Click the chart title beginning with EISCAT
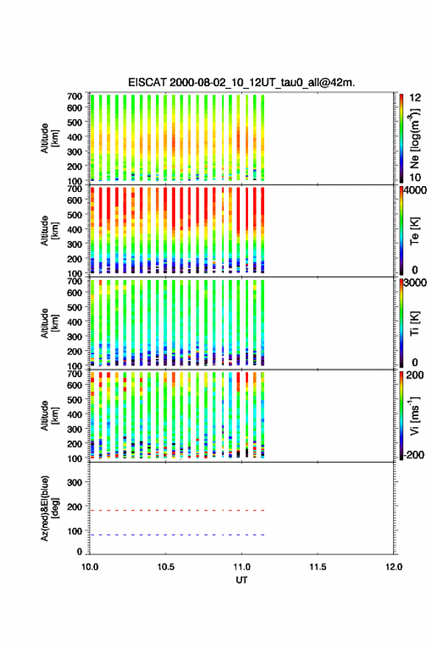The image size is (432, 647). click(241, 82)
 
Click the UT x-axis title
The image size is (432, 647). click(241, 580)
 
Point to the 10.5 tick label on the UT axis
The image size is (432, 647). click(166, 567)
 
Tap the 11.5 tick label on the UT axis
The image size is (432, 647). click(318, 567)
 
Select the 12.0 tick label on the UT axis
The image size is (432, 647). click(394, 567)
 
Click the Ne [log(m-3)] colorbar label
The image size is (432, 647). click(415, 138)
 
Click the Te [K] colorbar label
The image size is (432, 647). click(414, 231)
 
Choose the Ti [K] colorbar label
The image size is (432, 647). click(414, 323)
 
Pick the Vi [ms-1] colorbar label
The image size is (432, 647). click(414, 415)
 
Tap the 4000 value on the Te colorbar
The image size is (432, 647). click(415, 190)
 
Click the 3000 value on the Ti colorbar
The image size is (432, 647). click(415, 283)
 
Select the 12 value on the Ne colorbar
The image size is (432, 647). click(415, 98)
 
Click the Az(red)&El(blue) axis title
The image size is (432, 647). click(49, 508)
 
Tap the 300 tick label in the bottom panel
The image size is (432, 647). click(74, 482)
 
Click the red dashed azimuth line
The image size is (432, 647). click(177, 510)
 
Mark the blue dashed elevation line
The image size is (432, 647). click(177, 535)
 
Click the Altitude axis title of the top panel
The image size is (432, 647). click(49, 138)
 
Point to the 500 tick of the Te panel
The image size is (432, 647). click(74, 215)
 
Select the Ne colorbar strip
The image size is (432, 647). click(401, 138)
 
